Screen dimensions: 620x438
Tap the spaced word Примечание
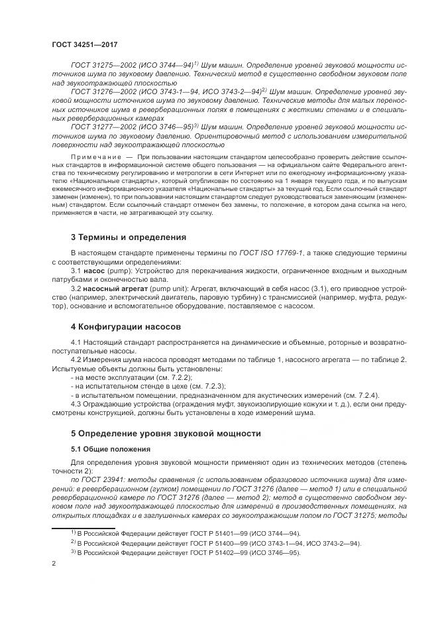[x=99, y=159]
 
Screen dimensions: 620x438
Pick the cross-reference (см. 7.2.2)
[x=156, y=377]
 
